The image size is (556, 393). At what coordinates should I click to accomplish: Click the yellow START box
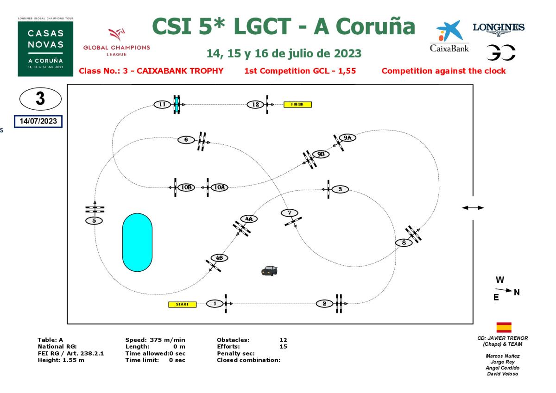point(183,304)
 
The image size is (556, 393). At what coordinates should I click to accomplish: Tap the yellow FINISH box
point(297,105)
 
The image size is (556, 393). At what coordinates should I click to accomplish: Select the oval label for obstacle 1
point(215,304)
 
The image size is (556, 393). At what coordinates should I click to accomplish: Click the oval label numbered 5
point(94,220)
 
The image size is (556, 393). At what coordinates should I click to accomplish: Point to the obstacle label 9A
point(347,137)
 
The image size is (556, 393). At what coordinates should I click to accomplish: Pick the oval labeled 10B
point(186,187)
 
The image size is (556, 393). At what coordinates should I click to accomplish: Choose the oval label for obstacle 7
point(290,213)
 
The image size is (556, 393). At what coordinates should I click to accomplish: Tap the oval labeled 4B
point(219,258)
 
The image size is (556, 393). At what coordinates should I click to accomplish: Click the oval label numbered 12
point(255,105)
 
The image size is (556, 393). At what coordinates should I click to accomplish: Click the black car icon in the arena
point(269,271)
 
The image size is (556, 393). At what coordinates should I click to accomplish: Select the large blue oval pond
point(137,242)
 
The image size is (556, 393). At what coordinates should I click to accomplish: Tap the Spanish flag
point(504,327)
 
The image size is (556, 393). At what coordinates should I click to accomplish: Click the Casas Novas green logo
point(45,49)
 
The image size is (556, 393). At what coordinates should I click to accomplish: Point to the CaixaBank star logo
point(449,31)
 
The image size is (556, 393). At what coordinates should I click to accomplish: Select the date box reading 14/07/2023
point(38,121)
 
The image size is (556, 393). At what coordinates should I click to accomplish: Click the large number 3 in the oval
point(40,99)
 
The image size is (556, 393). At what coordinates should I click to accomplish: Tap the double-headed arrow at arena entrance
point(473,208)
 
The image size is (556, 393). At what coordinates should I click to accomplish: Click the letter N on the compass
point(517,292)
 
